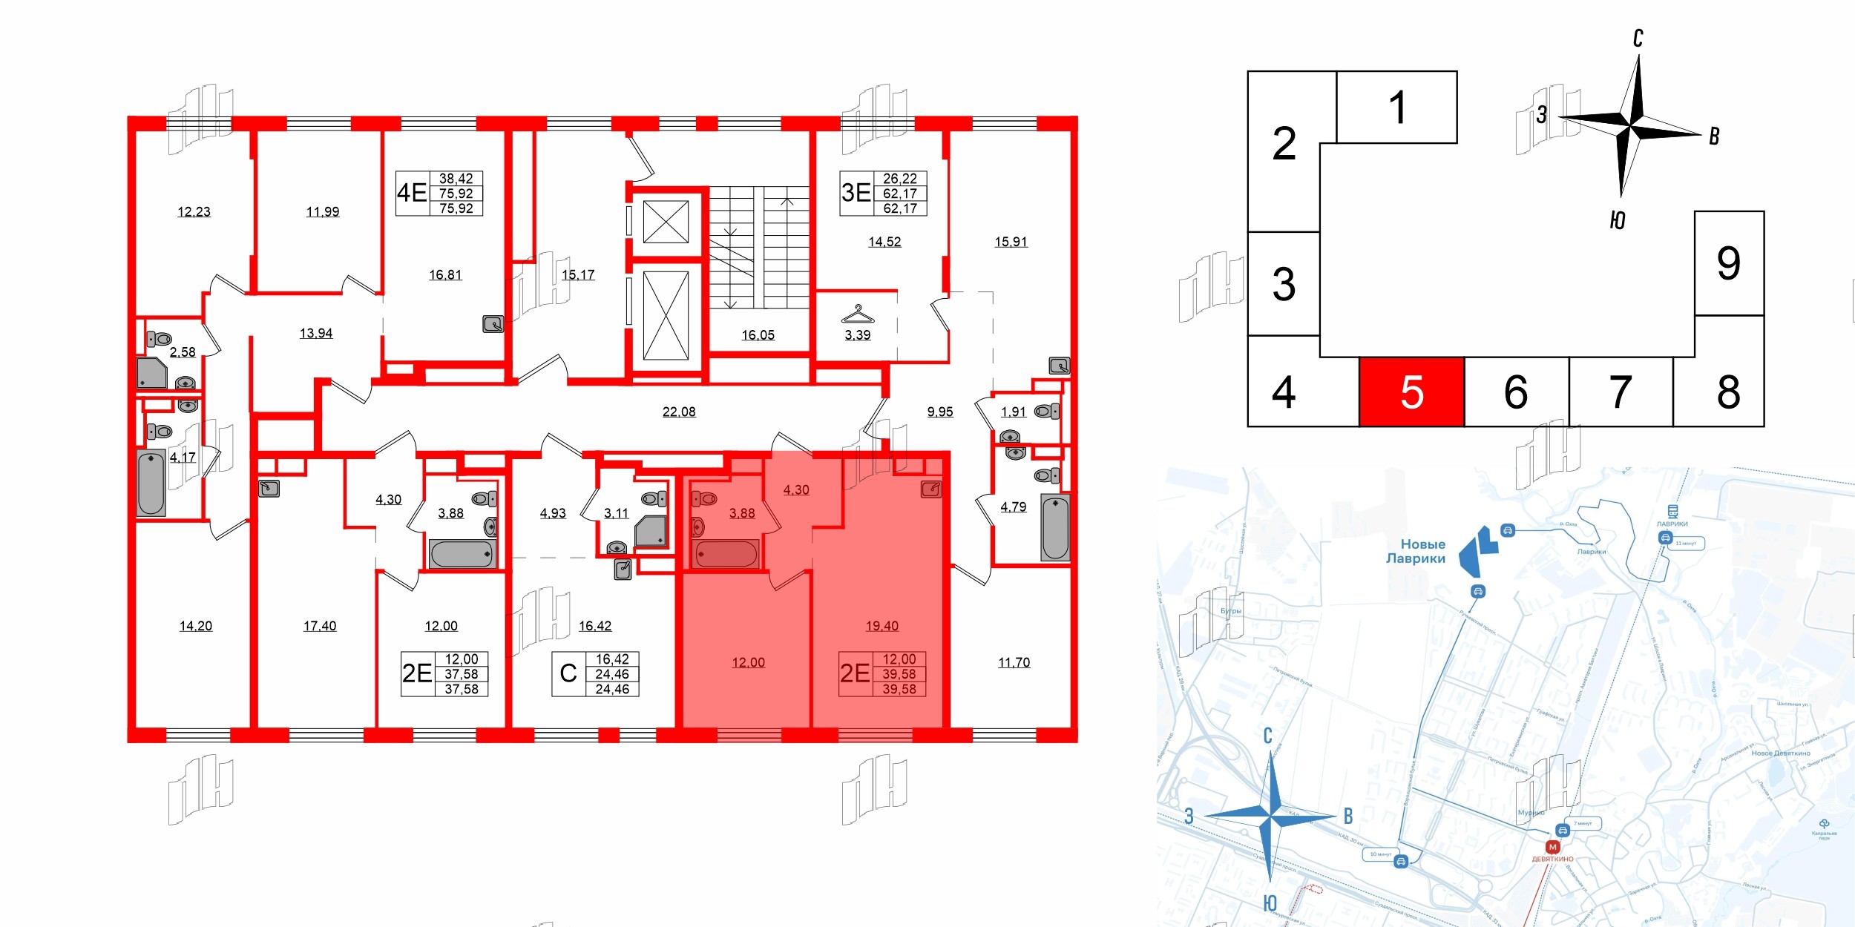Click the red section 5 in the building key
[x=1411, y=392]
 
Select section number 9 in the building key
[x=1728, y=263]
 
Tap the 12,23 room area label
[x=194, y=212]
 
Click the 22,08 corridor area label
[x=679, y=412]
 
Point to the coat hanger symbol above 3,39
[x=857, y=314]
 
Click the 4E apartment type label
[x=412, y=193]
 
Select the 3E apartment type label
[x=856, y=193]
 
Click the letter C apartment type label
[x=568, y=673]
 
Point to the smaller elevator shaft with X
[x=666, y=222]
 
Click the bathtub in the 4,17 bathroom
[x=151, y=483]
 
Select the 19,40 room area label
[x=881, y=626]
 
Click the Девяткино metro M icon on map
[x=1552, y=847]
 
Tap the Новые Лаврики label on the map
[x=1416, y=551]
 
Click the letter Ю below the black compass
[x=1618, y=220]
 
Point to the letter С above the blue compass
[x=1268, y=736]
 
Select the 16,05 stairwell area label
[x=758, y=335]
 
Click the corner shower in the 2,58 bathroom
[x=151, y=373]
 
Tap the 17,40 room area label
[x=320, y=626]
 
